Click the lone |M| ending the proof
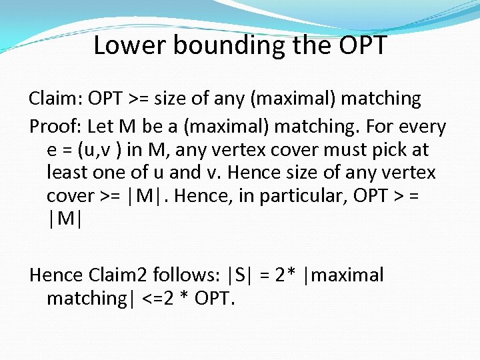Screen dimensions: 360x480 coord(64,219)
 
